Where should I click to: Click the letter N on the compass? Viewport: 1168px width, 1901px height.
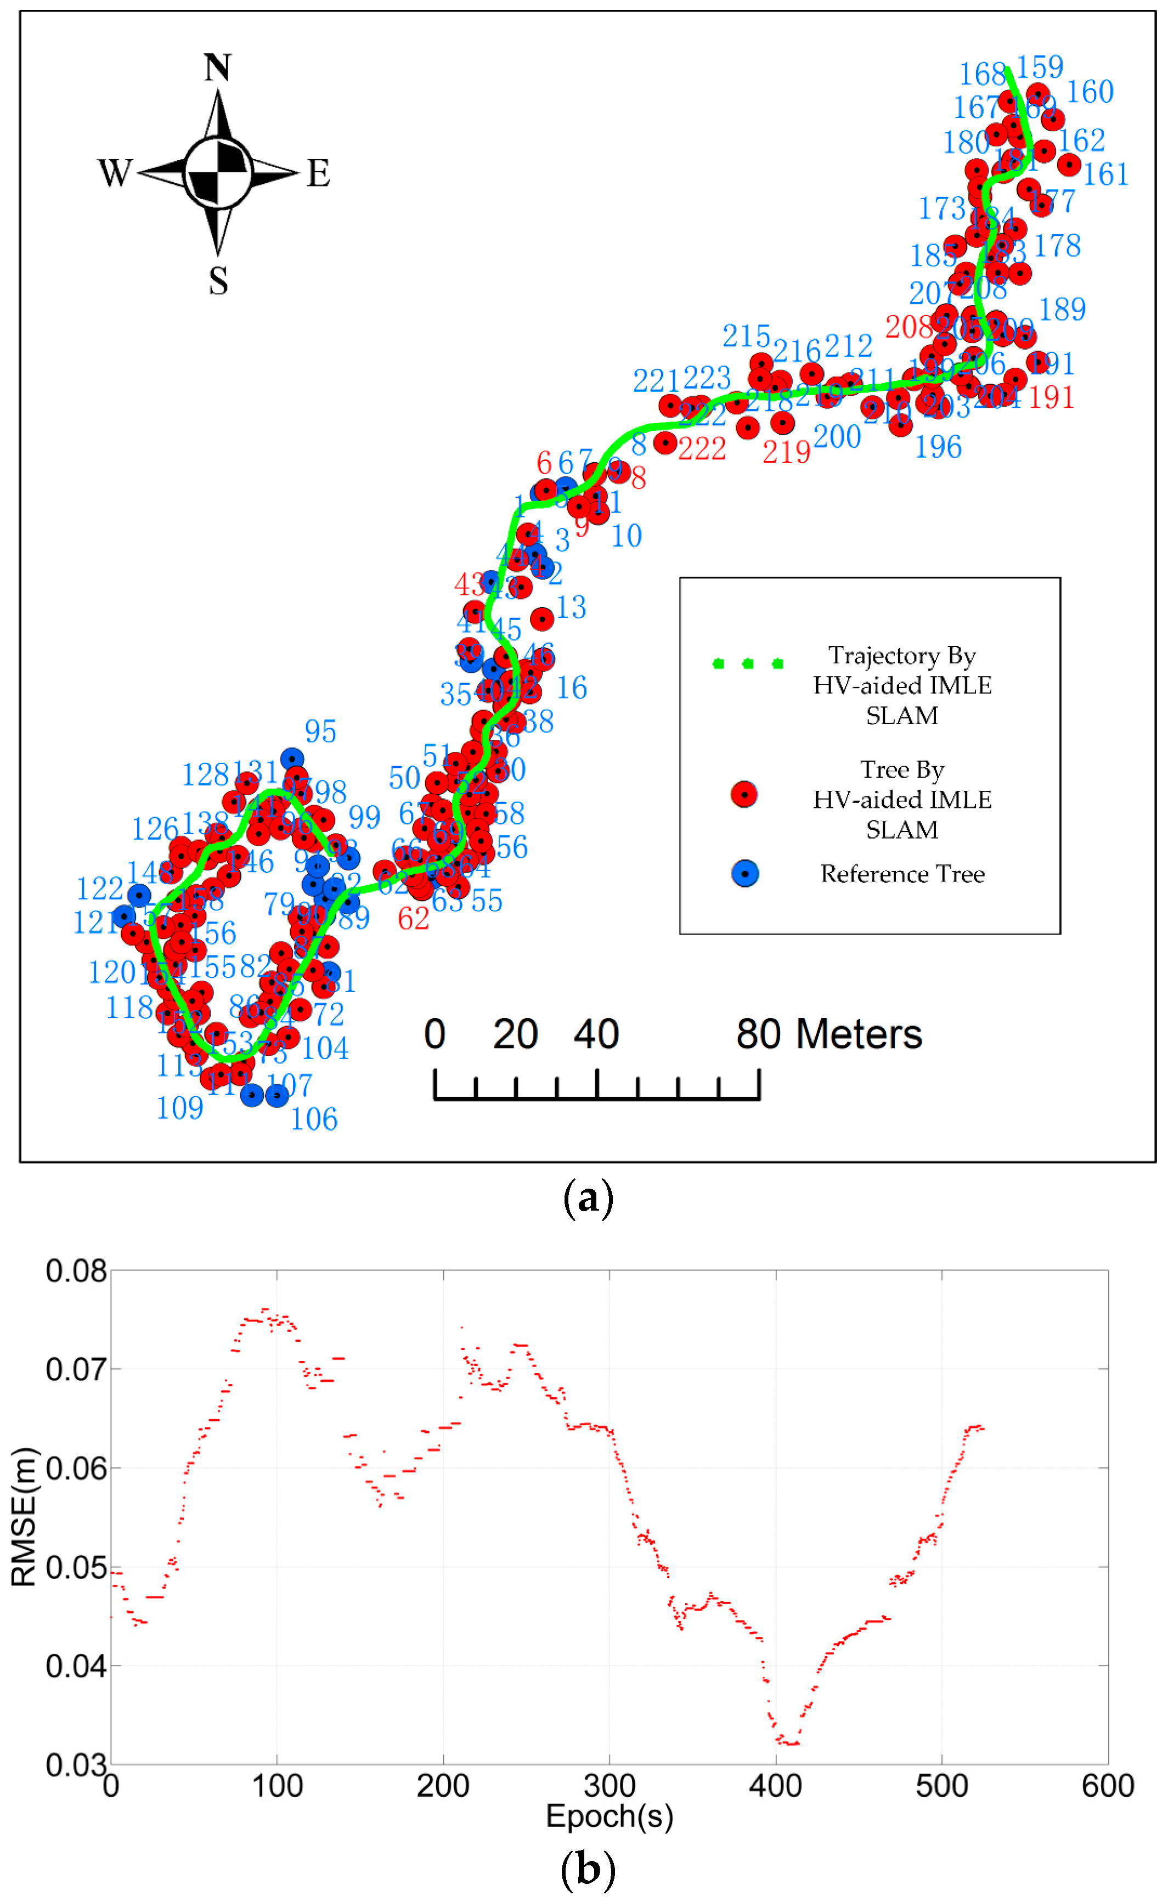pyautogui.click(x=218, y=68)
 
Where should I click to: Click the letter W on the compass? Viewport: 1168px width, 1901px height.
pyautogui.click(x=115, y=172)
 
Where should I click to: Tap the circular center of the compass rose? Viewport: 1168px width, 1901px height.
pyautogui.click(x=218, y=172)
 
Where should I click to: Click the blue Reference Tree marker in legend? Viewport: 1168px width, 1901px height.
pyautogui.click(x=744, y=873)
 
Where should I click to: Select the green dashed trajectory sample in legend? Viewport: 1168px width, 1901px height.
pyautogui.click(x=747, y=663)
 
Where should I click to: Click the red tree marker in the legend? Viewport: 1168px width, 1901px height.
pyautogui.click(x=744, y=794)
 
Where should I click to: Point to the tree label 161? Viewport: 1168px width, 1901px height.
pyautogui.click(x=1105, y=175)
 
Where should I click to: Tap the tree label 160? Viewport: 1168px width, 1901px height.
pyautogui.click(x=1090, y=92)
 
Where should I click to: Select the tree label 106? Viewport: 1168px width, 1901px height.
pyautogui.click(x=314, y=1119)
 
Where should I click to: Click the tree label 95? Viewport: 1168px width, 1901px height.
pyautogui.click(x=320, y=731)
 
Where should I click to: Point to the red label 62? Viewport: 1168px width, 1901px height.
pyautogui.click(x=413, y=918)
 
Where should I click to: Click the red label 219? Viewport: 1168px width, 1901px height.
pyautogui.click(x=786, y=452)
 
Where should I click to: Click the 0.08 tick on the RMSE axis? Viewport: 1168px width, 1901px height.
pyautogui.click(x=76, y=1271)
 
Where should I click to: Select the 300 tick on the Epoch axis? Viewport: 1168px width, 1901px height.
pyautogui.click(x=610, y=1785)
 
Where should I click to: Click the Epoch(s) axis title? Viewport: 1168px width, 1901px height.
pyautogui.click(x=610, y=1815)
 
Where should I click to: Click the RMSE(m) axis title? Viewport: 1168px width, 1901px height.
pyautogui.click(x=25, y=1516)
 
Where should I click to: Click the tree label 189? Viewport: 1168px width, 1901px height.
pyautogui.click(x=1062, y=309)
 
